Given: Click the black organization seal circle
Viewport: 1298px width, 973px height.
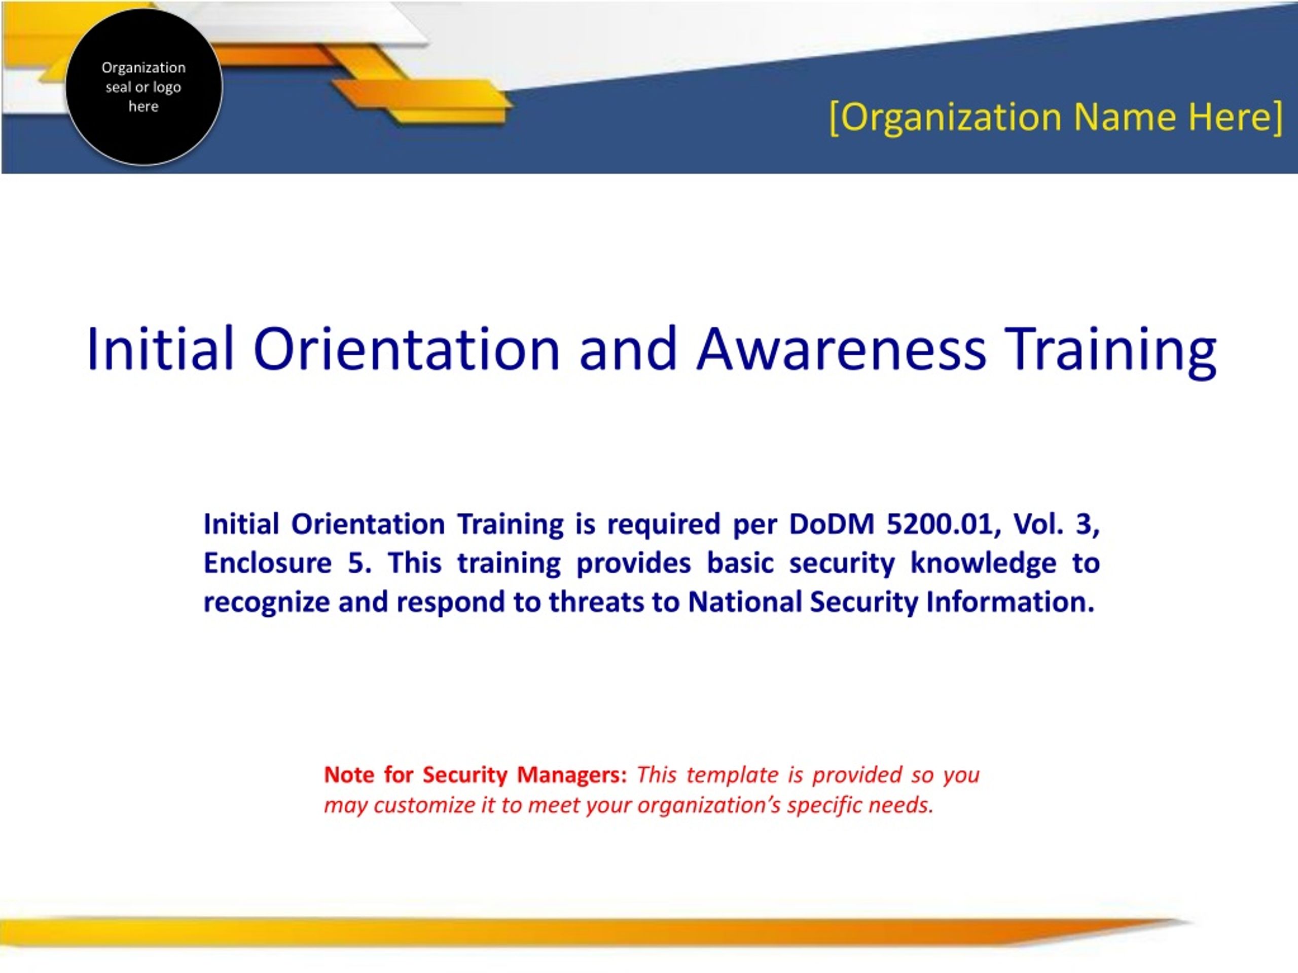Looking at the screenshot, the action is click(x=144, y=87).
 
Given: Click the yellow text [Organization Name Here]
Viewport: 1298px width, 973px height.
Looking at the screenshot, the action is click(x=1056, y=117).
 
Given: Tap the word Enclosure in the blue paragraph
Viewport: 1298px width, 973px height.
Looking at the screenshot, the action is click(x=268, y=563).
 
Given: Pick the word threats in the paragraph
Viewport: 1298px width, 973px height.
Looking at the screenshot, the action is click(x=597, y=603).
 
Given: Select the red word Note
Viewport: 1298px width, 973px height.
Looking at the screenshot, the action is click(x=349, y=775).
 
